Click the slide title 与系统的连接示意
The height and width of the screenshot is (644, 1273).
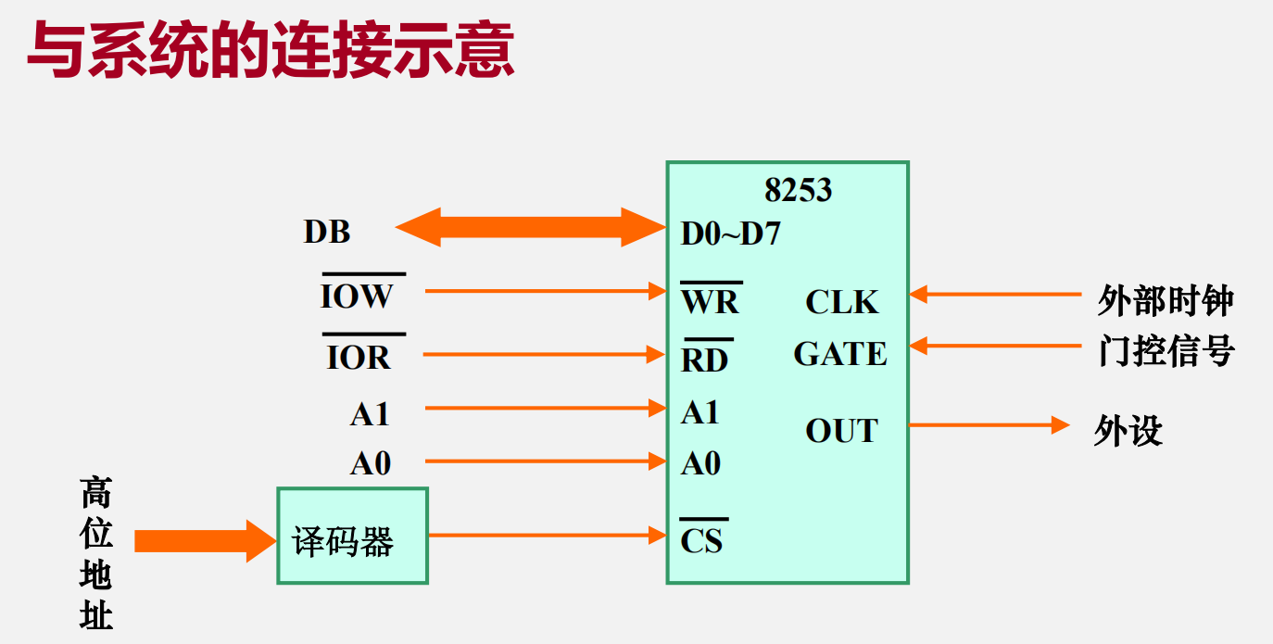coord(270,52)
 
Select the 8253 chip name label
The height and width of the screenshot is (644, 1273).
coord(798,190)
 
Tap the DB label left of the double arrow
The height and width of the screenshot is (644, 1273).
coord(327,232)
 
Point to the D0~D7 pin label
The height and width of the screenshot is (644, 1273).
coord(730,234)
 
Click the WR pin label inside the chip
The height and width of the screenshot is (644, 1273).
coord(711,301)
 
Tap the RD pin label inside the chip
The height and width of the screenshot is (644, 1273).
coord(705,360)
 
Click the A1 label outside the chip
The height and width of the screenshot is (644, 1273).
coord(370,414)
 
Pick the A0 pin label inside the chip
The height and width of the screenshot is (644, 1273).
coord(700,462)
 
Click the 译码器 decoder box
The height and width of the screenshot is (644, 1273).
coord(352,536)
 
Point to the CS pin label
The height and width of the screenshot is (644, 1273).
coord(701,539)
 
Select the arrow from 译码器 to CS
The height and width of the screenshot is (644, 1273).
coord(547,535)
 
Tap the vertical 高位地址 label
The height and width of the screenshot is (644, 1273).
coord(95,553)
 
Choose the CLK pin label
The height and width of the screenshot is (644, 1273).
coord(841,302)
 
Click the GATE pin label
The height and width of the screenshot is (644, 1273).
coord(840,354)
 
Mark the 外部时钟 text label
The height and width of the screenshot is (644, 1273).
coord(1165,301)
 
